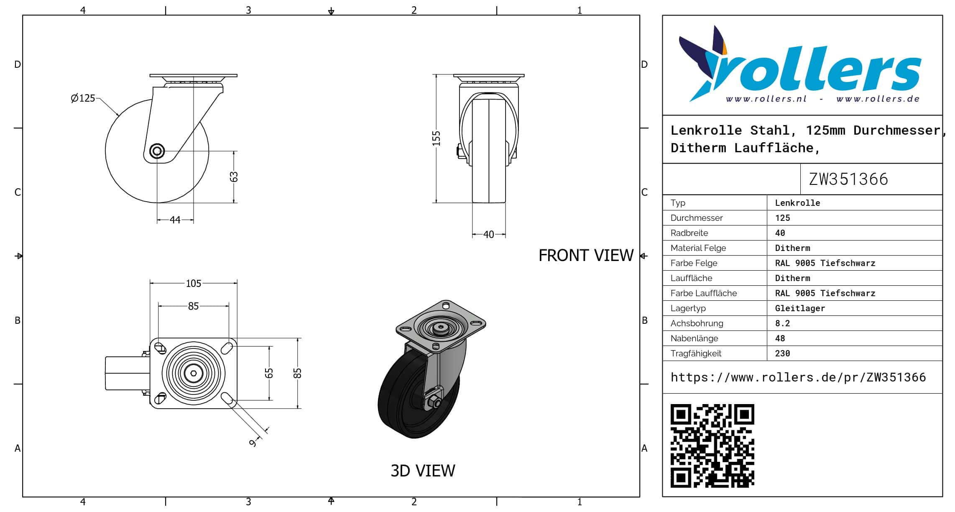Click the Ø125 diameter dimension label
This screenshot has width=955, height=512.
coord(83,98)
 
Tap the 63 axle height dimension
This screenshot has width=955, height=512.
coord(234,177)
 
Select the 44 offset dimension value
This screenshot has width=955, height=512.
coord(175,220)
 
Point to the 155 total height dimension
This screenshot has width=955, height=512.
coord(436,138)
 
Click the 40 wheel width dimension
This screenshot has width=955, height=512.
coord(488,235)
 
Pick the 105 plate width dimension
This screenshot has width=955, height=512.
coord(193,284)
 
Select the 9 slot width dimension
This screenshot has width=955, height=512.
coord(252,443)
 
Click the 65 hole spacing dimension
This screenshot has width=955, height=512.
coord(269,373)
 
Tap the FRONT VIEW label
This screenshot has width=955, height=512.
coord(586,255)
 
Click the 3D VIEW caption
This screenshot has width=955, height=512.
coord(423,471)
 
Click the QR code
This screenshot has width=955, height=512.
coord(712,445)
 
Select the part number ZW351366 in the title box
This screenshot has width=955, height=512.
coord(848,179)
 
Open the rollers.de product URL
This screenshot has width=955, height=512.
coord(798,377)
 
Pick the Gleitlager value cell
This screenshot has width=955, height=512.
coord(800,308)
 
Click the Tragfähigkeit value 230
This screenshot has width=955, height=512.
coord(782,353)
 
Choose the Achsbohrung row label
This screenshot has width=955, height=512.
coord(697,323)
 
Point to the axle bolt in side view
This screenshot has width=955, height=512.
coord(157,151)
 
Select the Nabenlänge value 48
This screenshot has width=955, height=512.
coord(780,338)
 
